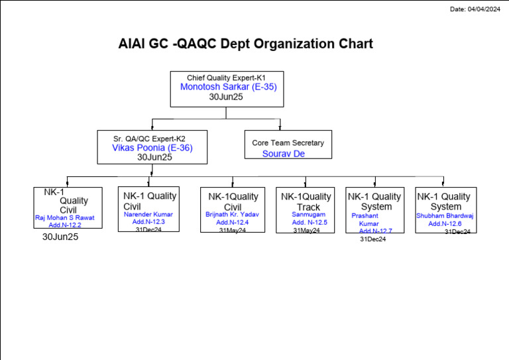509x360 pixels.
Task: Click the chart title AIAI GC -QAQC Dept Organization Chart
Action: coord(245,44)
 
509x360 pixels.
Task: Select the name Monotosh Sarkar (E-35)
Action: coord(228,87)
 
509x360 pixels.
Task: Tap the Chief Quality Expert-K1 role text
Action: coord(226,78)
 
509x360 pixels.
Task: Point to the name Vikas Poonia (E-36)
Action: coord(152,148)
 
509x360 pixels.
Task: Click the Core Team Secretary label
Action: coord(288,143)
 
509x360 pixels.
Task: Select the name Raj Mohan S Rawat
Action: coord(65,217)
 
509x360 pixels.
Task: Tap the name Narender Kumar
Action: coord(148,214)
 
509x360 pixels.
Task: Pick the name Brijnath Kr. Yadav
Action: coord(232,214)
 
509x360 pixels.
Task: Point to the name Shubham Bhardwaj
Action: coord(445,215)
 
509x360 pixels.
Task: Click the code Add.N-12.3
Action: coord(148,222)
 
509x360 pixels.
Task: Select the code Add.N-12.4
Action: coord(233,222)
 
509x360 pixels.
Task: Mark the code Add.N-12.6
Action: coord(445,224)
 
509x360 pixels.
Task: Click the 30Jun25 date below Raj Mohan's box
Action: coord(60,237)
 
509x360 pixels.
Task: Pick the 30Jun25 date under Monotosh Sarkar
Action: coord(226,97)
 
